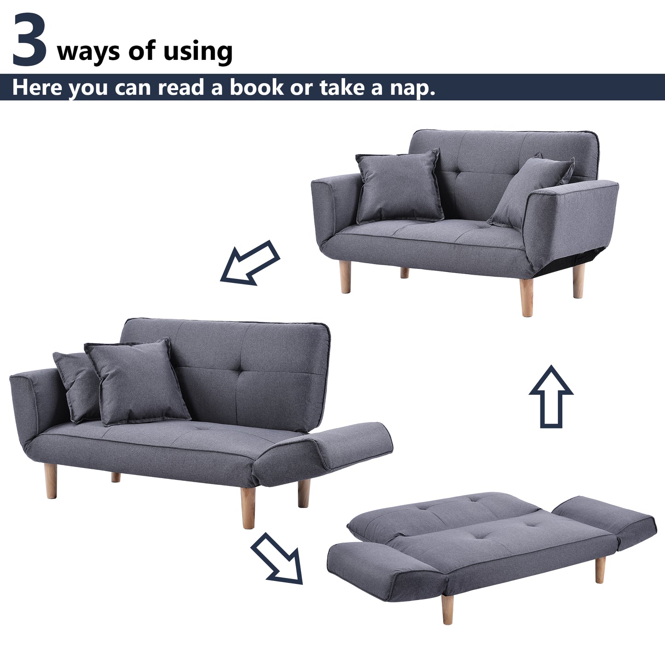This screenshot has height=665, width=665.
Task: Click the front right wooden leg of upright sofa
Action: click(527, 297)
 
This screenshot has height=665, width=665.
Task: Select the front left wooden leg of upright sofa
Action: click(345, 277)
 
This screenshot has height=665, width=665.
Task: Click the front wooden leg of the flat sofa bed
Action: click(447, 609)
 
